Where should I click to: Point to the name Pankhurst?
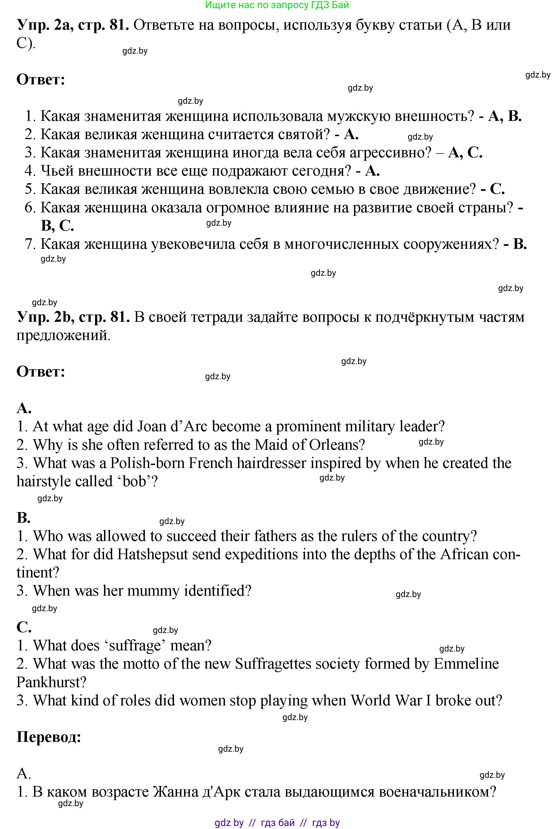[x=52, y=683]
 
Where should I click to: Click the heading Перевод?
[x=49, y=737]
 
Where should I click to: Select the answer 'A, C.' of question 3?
[x=465, y=152]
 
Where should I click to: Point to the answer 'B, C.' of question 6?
[x=57, y=226]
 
